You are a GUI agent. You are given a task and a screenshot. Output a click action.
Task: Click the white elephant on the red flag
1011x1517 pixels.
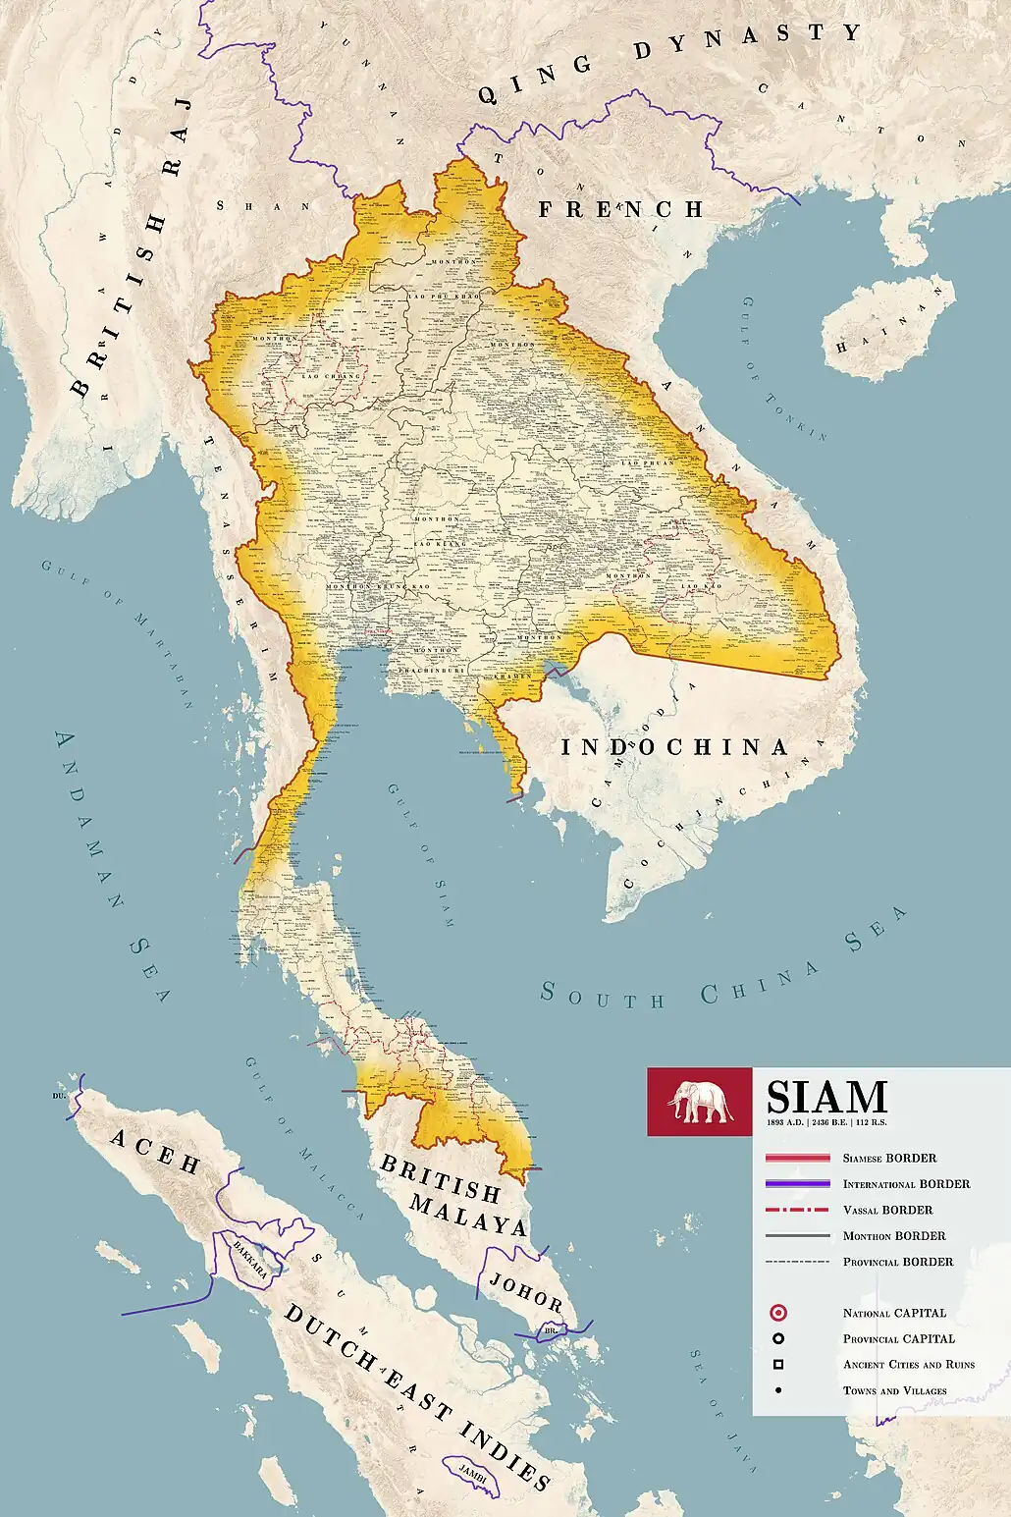point(700,1102)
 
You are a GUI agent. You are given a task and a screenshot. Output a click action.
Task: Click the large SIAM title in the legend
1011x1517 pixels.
point(825,1096)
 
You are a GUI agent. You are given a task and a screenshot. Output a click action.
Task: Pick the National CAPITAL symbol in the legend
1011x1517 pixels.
point(778,1313)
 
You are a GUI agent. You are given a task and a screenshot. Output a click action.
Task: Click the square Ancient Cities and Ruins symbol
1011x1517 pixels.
point(778,1365)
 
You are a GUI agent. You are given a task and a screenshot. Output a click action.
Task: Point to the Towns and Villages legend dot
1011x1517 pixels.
point(778,1390)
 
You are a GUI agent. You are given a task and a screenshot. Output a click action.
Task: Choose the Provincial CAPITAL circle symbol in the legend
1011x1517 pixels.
point(778,1338)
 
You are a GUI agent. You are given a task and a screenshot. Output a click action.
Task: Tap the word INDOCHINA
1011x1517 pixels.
point(674,747)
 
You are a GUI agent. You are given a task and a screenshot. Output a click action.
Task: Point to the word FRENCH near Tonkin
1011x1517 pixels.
point(620,209)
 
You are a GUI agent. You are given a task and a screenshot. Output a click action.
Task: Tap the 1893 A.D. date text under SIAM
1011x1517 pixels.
point(784,1121)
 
